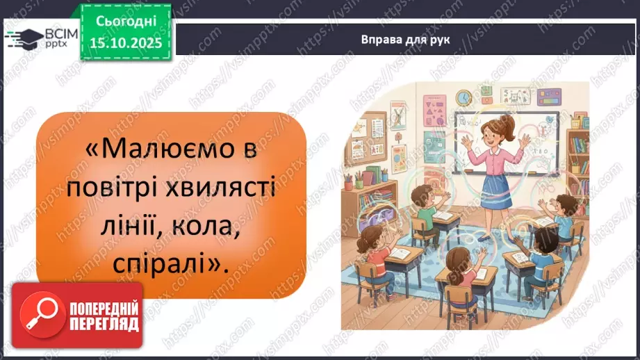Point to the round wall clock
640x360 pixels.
(464, 97)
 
